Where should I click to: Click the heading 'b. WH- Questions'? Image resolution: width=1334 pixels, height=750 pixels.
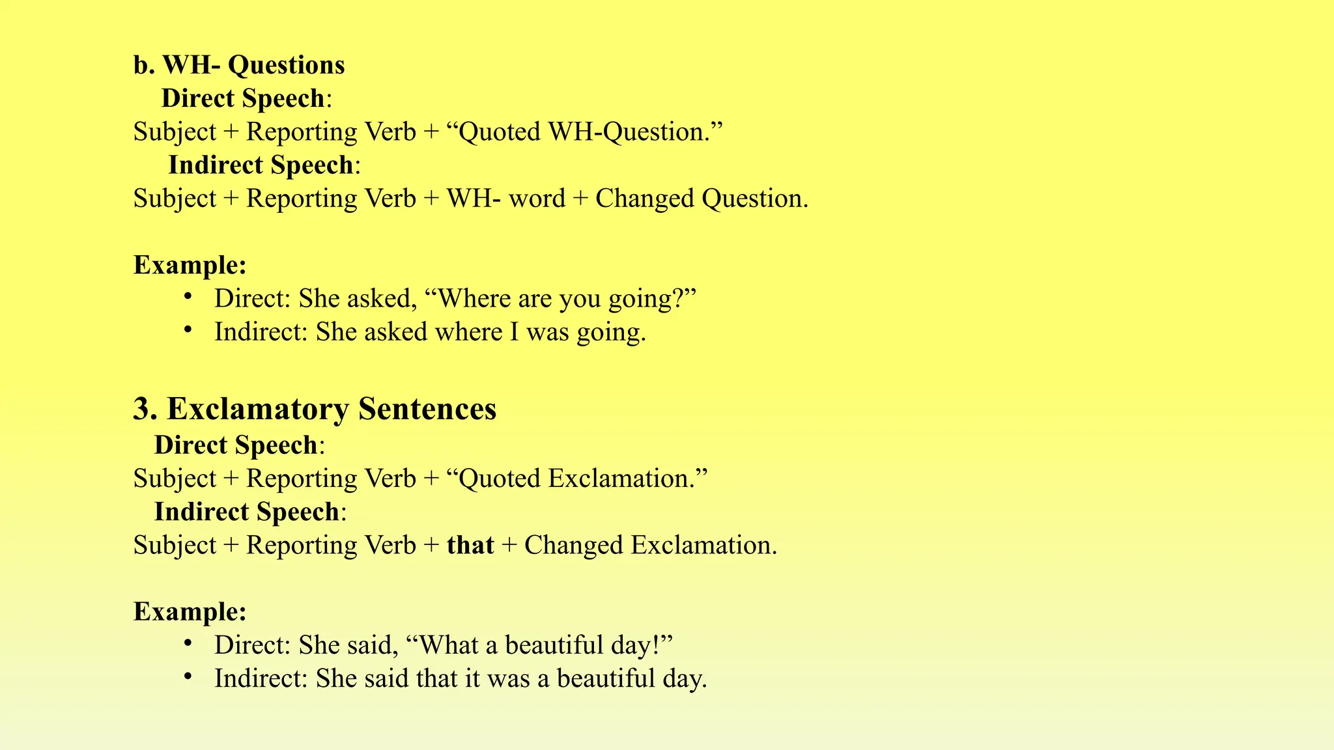pos(239,65)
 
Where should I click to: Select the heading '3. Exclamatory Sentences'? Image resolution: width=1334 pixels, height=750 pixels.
pos(315,410)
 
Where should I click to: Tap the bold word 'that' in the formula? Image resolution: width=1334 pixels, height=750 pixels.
pos(470,545)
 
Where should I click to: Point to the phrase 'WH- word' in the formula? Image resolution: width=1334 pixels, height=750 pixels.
pos(505,199)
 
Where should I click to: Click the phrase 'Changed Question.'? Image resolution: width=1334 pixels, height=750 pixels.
pos(702,199)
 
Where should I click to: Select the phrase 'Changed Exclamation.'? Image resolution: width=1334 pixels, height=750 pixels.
pos(651,545)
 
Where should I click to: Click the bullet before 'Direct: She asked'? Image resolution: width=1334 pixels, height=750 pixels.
pos(188,297)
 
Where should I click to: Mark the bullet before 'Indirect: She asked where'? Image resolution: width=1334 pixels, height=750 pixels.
pos(188,330)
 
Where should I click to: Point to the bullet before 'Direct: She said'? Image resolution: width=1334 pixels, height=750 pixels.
pos(188,643)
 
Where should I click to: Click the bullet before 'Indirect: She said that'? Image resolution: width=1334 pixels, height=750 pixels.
pos(188,676)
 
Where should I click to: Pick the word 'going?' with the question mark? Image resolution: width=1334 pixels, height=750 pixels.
pos(651,299)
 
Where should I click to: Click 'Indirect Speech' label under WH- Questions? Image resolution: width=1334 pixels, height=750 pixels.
pos(261,165)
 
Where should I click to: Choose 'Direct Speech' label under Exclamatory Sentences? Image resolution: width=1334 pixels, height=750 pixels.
pos(236,445)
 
